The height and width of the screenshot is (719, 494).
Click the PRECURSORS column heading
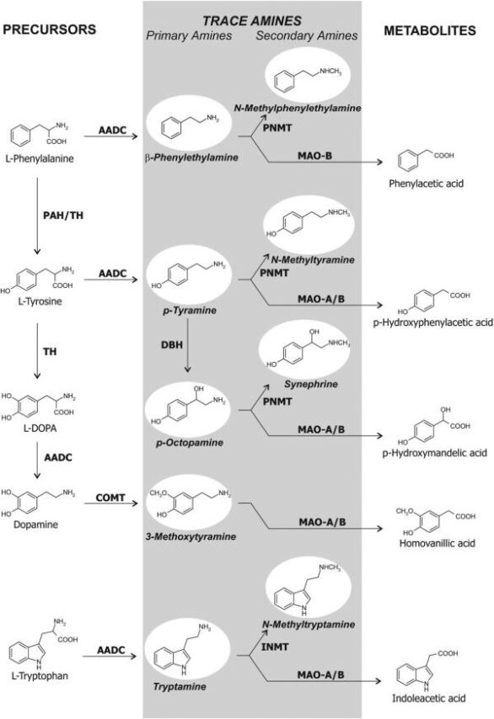point(50,29)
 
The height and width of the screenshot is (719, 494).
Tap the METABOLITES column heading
point(430,30)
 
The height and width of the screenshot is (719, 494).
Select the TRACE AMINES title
point(252,21)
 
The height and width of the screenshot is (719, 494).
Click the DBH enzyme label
point(172,344)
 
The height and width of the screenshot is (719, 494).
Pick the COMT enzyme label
point(110,498)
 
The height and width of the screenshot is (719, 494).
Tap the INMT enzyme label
point(275,647)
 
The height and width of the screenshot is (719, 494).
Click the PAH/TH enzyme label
point(63,215)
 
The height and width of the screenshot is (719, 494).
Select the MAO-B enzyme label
point(314,156)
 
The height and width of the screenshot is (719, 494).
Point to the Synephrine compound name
point(311,384)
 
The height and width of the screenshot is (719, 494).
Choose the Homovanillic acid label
point(437,543)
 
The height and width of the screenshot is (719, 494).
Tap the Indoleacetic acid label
point(428,698)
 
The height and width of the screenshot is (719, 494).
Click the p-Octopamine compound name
point(189,443)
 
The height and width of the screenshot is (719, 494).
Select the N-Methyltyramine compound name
point(313,260)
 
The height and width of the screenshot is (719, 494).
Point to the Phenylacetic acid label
point(426,184)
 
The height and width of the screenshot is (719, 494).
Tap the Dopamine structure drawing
point(38,503)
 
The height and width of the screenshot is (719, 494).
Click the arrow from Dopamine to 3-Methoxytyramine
point(110,503)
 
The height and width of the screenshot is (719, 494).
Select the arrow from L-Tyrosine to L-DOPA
point(37,351)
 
